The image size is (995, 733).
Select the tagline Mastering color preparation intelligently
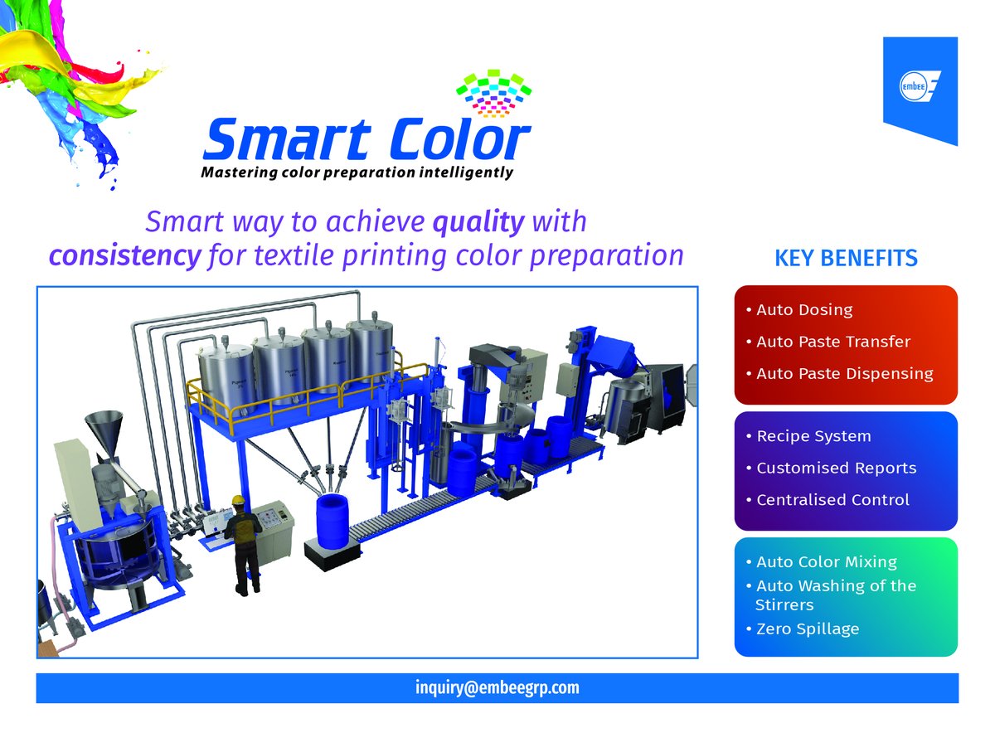click(357, 173)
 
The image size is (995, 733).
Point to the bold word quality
click(478, 221)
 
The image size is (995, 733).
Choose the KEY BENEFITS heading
click(846, 259)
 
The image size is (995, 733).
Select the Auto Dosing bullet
click(803, 310)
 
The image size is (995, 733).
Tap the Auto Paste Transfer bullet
click(832, 342)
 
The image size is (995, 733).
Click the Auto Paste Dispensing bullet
click(844, 374)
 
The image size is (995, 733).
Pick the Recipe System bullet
click(813, 436)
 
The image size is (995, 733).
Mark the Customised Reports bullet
click(836, 468)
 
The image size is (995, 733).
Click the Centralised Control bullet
click(832, 500)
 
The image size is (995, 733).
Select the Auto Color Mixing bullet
click(826, 562)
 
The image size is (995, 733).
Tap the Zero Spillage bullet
click(807, 629)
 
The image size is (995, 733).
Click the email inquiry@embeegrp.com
click(497, 688)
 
